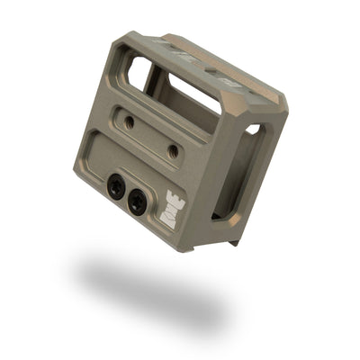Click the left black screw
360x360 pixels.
(116, 187)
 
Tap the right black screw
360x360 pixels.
(138, 202)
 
